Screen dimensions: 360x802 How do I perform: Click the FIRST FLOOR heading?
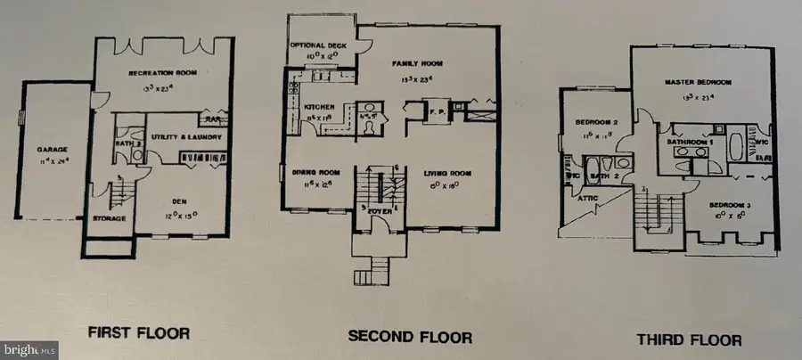point(138,334)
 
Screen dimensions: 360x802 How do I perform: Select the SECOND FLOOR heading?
point(410,337)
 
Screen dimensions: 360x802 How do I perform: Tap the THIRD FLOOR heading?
point(688,340)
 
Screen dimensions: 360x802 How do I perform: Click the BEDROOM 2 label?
point(591,122)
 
